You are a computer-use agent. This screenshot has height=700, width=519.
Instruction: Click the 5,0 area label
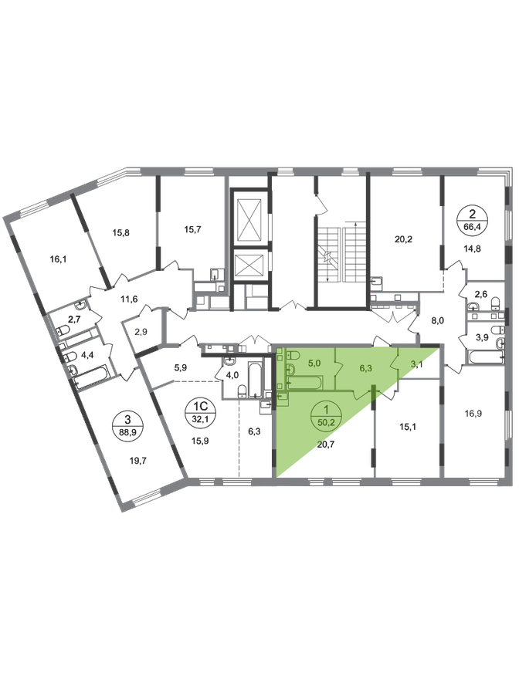coord(314,359)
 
